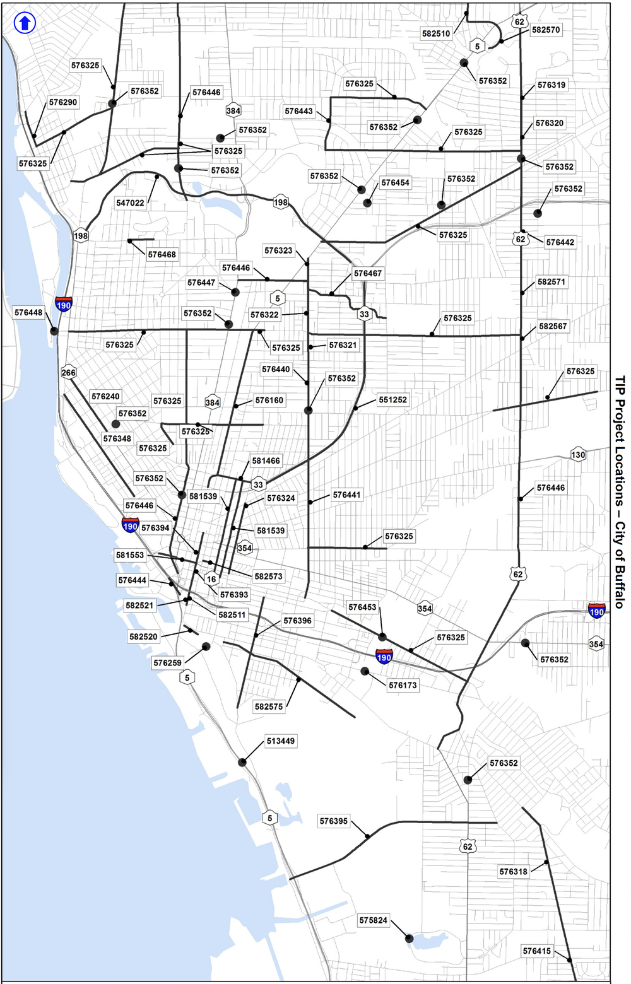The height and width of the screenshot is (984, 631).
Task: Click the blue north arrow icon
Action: (25, 24)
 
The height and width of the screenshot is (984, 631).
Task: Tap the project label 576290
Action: (63, 102)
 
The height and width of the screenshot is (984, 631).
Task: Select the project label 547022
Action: (130, 203)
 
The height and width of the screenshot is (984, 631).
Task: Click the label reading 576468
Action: (162, 255)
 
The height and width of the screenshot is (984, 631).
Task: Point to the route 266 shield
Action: (68, 373)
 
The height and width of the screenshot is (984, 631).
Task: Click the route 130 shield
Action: (578, 455)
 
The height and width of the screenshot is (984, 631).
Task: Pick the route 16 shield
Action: (211, 579)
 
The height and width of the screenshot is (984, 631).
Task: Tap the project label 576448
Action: (28, 313)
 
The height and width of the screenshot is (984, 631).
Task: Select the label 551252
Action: (392, 400)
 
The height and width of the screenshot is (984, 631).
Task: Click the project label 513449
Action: (280, 741)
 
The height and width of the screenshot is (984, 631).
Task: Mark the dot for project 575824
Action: (409, 939)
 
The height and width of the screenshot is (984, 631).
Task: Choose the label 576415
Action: (536, 951)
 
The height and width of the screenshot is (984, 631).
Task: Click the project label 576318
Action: (513, 872)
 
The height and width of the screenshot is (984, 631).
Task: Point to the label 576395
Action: (333, 821)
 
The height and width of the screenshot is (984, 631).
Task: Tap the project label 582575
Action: (269, 707)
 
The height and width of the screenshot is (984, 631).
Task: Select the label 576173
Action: (403, 685)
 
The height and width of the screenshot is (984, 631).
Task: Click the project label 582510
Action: (436, 33)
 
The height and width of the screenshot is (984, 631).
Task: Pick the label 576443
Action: (298, 112)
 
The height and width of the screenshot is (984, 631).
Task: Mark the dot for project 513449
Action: (242, 763)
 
